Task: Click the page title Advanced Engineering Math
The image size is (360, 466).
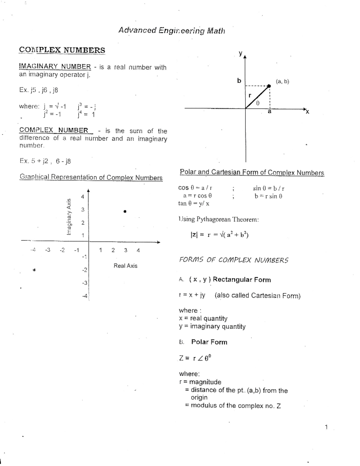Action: tap(172, 31)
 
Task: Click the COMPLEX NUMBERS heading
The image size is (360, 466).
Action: tap(62, 50)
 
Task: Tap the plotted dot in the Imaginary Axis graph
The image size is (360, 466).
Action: tap(125, 212)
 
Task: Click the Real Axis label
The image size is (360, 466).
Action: tap(125, 266)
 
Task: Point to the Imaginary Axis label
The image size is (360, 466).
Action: tap(69, 217)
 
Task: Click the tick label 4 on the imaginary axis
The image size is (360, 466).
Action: tap(82, 197)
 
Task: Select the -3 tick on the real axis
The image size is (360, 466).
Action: tap(47, 250)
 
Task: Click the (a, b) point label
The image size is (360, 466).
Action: tap(282, 81)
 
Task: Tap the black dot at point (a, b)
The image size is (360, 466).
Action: tap(269, 86)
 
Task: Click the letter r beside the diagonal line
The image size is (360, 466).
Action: tap(250, 95)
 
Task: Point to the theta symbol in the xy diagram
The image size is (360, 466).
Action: tap(258, 103)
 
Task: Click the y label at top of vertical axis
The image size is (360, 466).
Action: tap(240, 53)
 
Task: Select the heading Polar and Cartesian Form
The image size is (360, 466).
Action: tap(252, 173)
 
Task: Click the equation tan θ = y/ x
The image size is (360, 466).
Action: tap(194, 204)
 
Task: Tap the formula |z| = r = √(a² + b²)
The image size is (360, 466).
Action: tap(219, 235)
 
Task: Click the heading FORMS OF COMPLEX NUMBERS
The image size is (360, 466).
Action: tap(233, 260)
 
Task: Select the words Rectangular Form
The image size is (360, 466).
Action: tap(241, 280)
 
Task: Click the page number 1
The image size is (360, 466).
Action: tap(326, 427)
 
